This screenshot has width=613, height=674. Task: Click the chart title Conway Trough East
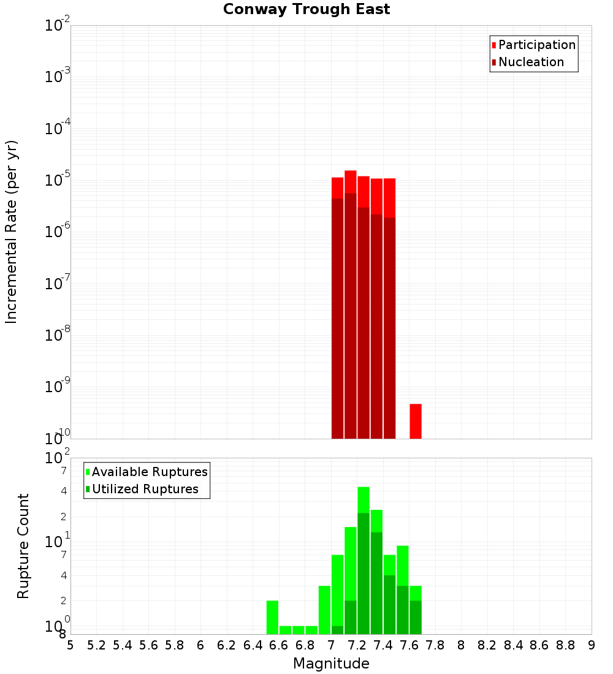[x=306, y=9]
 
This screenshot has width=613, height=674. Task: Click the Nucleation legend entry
[x=530, y=62]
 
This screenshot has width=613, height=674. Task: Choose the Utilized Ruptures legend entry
[x=144, y=489]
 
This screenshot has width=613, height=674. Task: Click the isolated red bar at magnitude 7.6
[x=416, y=421]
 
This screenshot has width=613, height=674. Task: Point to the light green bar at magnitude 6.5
[x=272, y=617]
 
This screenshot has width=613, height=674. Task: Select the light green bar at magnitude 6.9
[x=324, y=610]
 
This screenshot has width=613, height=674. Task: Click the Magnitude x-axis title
[x=331, y=664]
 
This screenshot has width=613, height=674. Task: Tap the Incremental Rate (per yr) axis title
[x=12, y=232]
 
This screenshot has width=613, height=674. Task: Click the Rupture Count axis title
[x=23, y=546]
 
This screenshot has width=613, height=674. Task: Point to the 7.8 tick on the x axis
[x=435, y=645]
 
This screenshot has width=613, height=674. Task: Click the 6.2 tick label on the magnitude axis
[x=227, y=645]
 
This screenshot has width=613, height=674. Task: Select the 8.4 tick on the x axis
[x=514, y=645]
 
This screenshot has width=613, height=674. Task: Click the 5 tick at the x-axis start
[x=70, y=645]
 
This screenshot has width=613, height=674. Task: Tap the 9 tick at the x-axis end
[x=592, y=645]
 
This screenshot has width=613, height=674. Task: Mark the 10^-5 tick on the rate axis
[x=57, y=181]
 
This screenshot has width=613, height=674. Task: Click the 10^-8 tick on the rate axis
[x=57, y=336]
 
